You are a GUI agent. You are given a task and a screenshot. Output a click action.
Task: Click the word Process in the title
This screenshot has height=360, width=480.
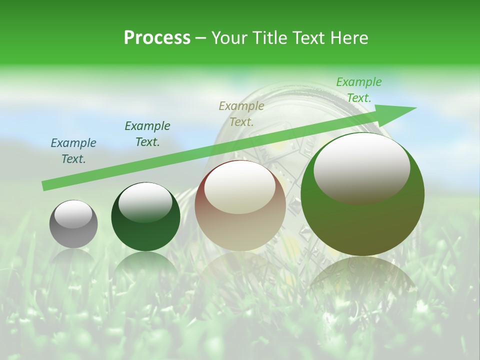pos(157,38)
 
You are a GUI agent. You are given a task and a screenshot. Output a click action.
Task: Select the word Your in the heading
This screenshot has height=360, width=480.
pos(230,38)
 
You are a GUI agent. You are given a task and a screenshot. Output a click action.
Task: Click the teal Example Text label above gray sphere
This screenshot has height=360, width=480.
pos(73,150)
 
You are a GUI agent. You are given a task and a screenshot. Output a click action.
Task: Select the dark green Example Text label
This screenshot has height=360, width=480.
pos(147,133)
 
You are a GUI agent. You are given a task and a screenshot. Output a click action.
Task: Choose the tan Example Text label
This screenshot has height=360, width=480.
pos(241,113)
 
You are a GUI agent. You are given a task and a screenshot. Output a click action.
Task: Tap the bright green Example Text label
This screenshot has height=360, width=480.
pos(359,89)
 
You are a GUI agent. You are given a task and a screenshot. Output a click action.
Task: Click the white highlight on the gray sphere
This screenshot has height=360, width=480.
pos(73,214)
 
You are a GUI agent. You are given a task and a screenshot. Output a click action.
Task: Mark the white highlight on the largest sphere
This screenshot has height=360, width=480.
pos(361,168)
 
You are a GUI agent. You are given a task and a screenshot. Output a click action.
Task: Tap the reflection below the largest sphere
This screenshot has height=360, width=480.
pos(362,280)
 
